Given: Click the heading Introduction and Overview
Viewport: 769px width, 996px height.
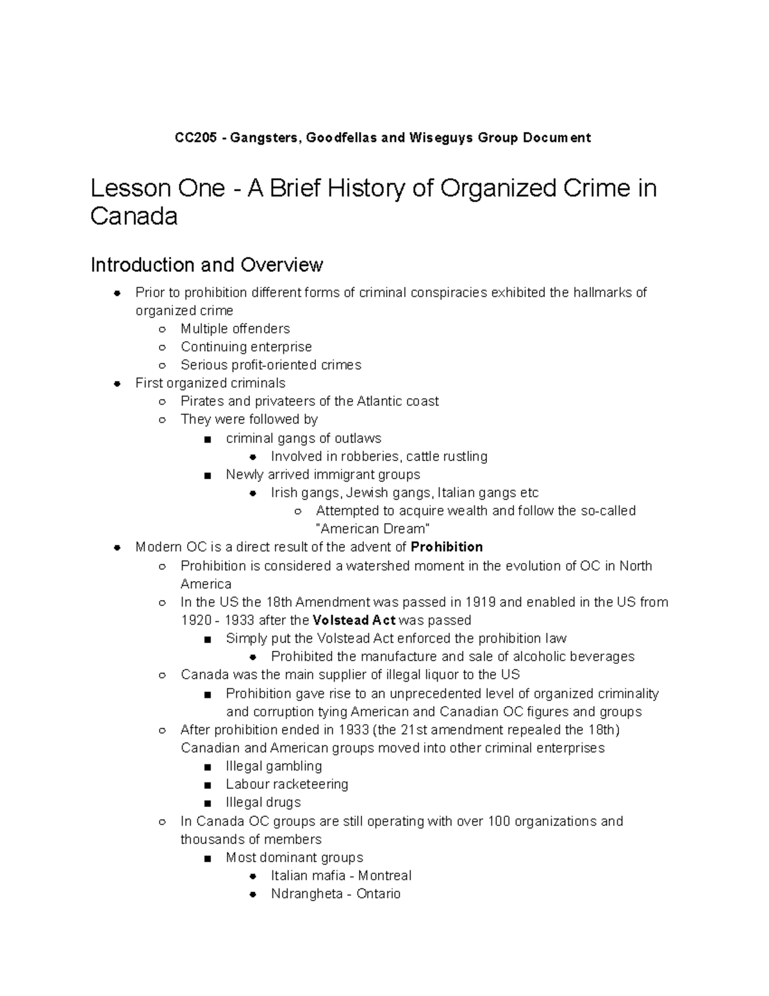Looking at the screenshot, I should (207, 264).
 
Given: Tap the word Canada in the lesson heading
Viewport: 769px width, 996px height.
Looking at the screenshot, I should (133, 216).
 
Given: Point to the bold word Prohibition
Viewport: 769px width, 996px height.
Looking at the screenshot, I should (447, 547).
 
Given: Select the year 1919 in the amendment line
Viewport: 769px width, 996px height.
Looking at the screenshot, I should (481, 602).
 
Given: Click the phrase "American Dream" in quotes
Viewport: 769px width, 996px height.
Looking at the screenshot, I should (372, 529).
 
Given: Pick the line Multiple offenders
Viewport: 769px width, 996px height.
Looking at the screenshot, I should (235, 329).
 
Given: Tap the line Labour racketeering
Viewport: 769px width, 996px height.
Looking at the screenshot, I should (287, 784).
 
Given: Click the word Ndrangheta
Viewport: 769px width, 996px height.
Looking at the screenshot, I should (307, 894).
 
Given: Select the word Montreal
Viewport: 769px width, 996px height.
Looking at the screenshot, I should (384, 876).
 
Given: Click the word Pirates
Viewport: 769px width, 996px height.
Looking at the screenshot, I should (203, 401).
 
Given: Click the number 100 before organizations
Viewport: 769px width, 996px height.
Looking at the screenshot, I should (499, 822).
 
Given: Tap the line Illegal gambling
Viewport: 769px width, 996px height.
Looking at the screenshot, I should (274, 766).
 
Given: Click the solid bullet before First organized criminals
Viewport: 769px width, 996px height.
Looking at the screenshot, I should (117, 384).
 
